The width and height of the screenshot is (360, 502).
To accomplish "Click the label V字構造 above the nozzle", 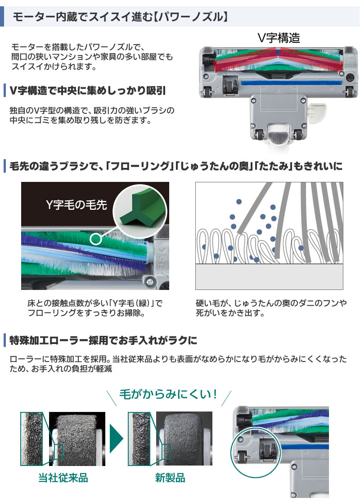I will click(279, 37).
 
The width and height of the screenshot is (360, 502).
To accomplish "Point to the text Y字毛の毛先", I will click(76, 205).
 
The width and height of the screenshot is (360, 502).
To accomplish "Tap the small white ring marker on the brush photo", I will click(95, 239).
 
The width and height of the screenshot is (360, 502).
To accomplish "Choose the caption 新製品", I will click(170, 478).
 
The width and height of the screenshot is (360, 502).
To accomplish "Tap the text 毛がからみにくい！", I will click(169, 395).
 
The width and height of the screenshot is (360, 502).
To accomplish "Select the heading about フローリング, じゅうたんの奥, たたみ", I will click(175, 166).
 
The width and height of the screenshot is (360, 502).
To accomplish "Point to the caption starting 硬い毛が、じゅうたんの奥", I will click(271, 308).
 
